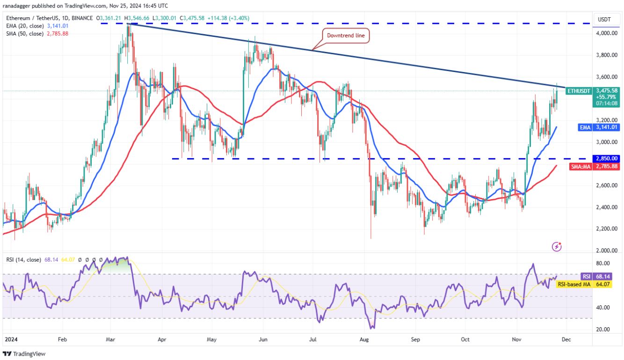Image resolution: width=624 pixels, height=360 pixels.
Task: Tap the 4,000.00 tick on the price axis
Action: (606, 33)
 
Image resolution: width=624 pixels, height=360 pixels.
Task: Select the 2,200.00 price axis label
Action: (606, 229)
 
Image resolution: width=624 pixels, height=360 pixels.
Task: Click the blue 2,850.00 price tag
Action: (606, 158)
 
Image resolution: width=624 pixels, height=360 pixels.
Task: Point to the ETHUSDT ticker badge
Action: (579, 91)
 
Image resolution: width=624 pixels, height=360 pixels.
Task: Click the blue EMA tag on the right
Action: (585, 126)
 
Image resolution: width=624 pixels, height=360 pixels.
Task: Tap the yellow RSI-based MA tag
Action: (574, 283)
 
